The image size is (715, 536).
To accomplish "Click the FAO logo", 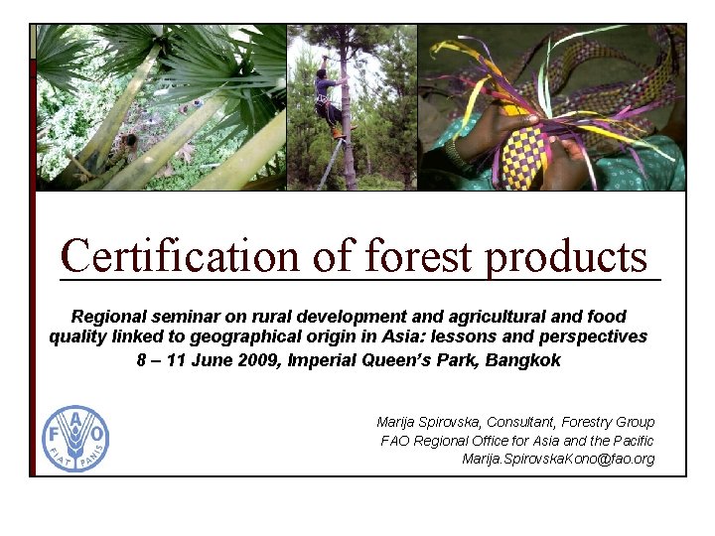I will pyautogui.click(x=75, y=438).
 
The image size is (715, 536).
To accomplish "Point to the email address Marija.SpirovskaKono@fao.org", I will pyautogui.click(x=558, y=459).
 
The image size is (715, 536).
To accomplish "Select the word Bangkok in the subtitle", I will pyautogui.click(x=523, y=360).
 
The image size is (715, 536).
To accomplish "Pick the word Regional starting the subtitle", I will pyautogui.click(x=109, y=317).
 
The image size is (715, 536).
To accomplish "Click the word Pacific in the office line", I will pyautogui.click(x=631, y=440).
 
